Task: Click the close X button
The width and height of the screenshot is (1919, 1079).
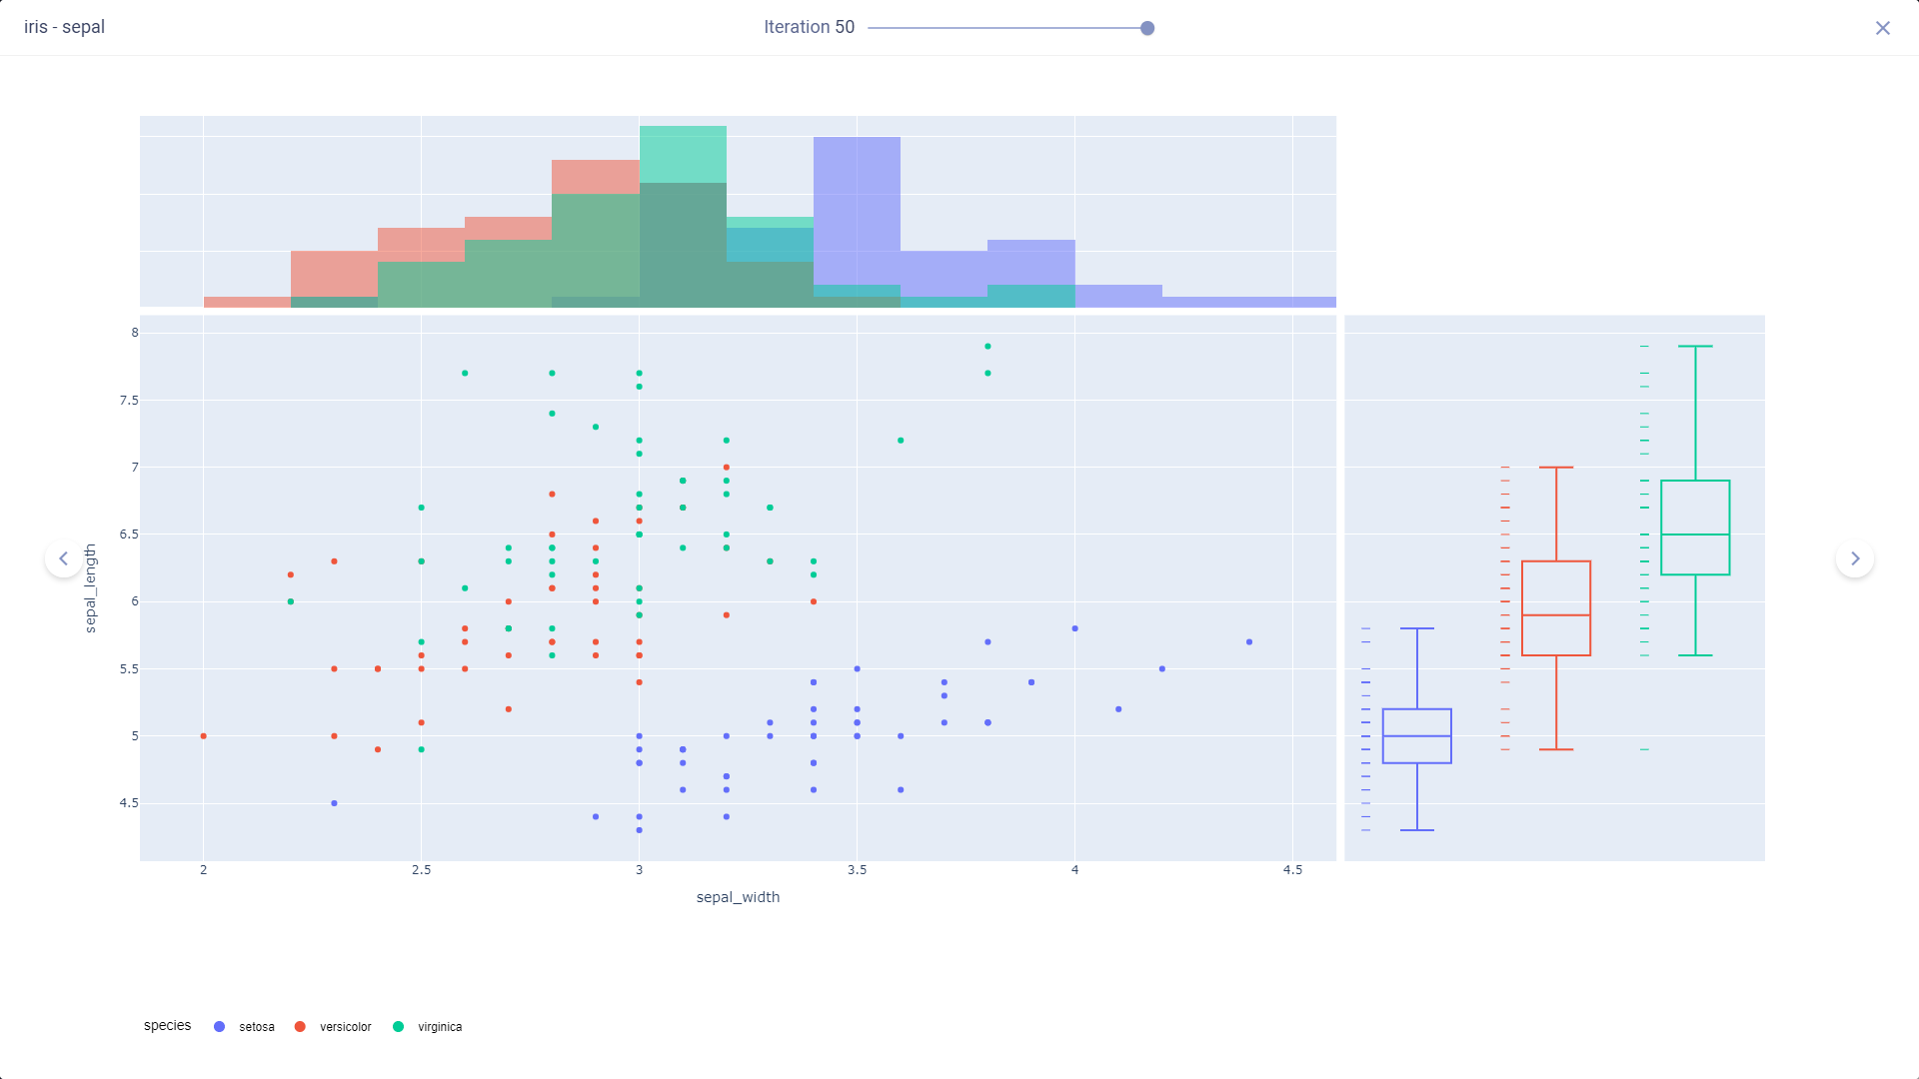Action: [1882, 28]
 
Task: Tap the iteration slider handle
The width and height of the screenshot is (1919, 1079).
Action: [1147, 28]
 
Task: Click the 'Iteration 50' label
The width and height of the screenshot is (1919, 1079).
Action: [809, 27]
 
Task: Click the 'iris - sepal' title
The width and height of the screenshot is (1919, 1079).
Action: [64, 27]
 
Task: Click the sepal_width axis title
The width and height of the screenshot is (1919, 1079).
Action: [738, 897]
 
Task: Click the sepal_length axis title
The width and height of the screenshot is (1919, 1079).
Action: [90, 588]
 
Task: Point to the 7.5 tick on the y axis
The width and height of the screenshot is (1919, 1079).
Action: [129, 401]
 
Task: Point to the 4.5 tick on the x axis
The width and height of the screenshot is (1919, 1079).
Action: [1292, 870]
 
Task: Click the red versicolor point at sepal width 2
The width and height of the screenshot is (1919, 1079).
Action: [204, 736]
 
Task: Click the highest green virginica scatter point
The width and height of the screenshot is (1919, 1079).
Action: [987, 347]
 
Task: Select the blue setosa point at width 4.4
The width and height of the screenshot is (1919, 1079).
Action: [1249, 642]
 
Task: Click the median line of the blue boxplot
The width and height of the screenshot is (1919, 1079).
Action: [1416, 736]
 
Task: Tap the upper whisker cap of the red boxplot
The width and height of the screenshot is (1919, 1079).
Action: [1556, 468]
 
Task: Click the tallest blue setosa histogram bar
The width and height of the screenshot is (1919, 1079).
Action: [857, 220]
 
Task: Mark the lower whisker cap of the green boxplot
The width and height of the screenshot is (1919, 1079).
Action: [1695, 655]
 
